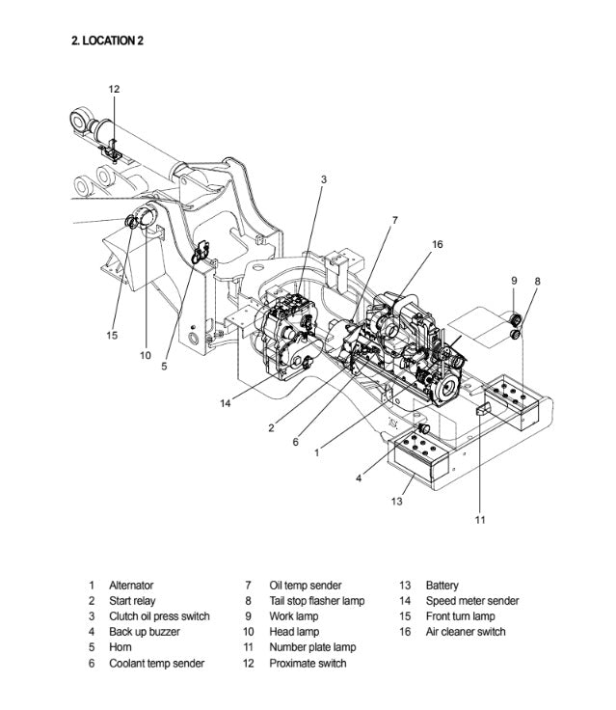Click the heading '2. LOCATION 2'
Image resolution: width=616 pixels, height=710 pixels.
(108, 41)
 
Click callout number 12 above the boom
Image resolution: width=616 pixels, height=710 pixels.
(114, 90)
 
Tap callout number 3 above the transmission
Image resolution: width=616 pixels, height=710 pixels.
(324, 179)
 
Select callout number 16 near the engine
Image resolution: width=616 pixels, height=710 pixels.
(437, 244)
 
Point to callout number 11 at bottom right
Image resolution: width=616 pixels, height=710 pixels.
(480, 521)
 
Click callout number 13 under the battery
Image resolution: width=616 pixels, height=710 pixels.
(397, 501)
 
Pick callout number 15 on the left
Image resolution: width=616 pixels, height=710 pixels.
(112, 335)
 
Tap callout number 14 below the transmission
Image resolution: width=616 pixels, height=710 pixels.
(226, 403)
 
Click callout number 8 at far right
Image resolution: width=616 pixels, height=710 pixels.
(537, 281)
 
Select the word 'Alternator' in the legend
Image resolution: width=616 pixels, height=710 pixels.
(131, 586)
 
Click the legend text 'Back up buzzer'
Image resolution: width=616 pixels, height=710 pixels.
(144, 632)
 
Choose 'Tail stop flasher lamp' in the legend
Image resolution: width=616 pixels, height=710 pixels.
(316, 601)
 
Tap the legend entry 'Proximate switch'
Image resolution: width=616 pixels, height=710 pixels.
(308, 664)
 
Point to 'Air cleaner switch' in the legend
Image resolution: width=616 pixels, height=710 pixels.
(466, 632)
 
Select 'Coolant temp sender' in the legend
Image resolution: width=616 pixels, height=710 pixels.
(156, 664)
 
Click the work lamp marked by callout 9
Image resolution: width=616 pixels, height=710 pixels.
(515, 319)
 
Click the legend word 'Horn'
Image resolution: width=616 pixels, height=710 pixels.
(120, 647)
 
